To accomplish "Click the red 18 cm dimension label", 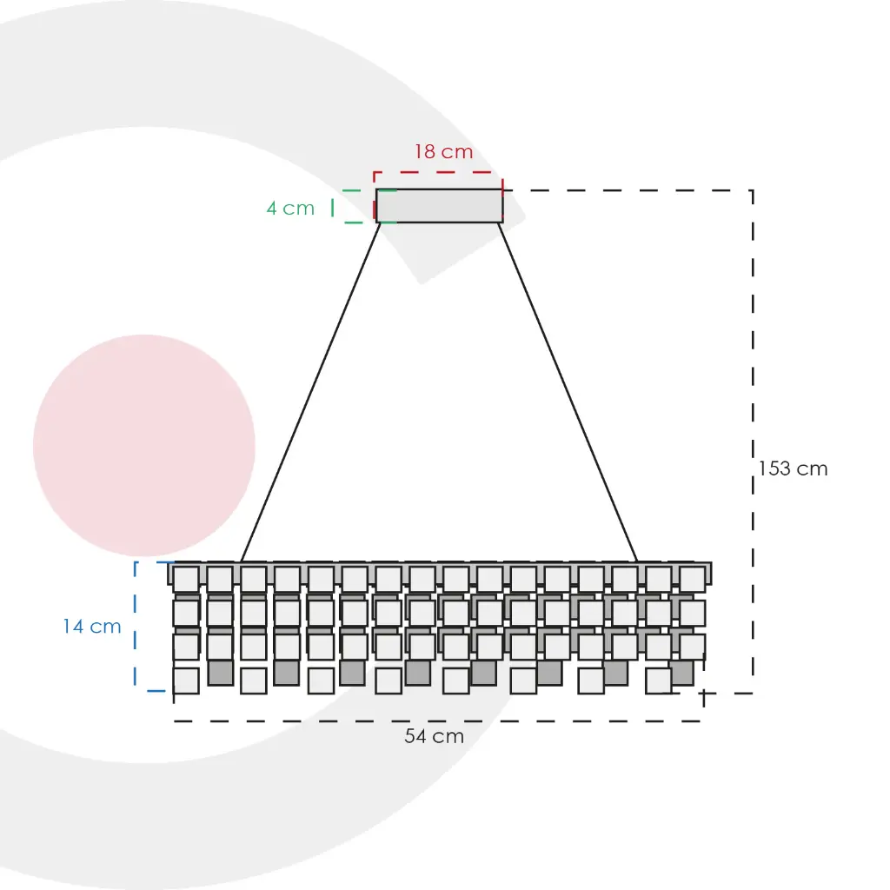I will point(443,152).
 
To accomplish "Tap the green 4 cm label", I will point(290,209).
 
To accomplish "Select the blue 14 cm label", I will point(91,627).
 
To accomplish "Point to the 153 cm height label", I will point(793,469).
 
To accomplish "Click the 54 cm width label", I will point(434,737).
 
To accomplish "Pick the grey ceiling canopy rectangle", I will point(439,206).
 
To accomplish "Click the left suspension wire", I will point(310,391).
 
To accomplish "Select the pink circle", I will point(144,446).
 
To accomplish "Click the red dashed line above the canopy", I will point(439,172).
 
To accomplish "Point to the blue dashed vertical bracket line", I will point(136,626).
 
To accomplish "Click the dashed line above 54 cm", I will point(435,721).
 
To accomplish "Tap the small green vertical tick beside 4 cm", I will point(333,207).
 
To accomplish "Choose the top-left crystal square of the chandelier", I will point(186,580).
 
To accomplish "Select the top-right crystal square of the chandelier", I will point(692,580).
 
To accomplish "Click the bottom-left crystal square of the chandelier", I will point(186,681).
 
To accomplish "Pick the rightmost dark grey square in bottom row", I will point(681,673).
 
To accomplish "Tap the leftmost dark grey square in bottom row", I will point(221,673).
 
